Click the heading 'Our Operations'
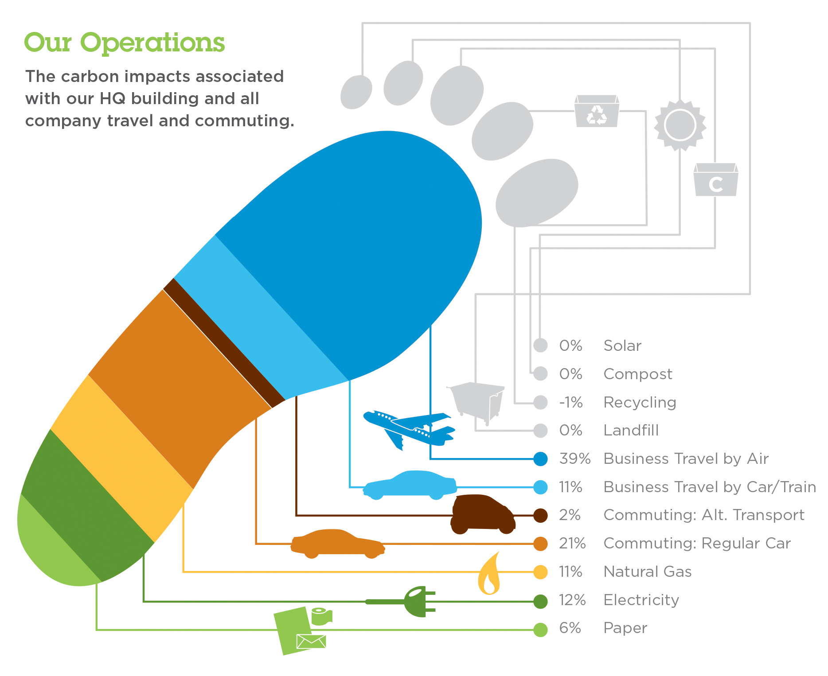click(125, 43)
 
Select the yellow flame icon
click(489, 573)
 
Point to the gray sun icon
click(680, 125)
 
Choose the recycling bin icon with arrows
click(597, 111)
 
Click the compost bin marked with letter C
click(715, 180)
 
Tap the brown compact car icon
click(483, 514)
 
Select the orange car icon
click(338, 543)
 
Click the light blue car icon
click(410, 485)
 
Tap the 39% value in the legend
click(574, 458)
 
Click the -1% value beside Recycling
click(571, 402)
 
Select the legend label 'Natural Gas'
click(647, 571)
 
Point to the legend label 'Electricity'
click(641, 600)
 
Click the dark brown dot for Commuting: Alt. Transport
click(540, 515)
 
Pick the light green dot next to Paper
click(540, 629)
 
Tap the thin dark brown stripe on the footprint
click(224, 343)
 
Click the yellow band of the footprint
click(122, 458)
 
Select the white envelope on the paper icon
click(311, 641)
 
